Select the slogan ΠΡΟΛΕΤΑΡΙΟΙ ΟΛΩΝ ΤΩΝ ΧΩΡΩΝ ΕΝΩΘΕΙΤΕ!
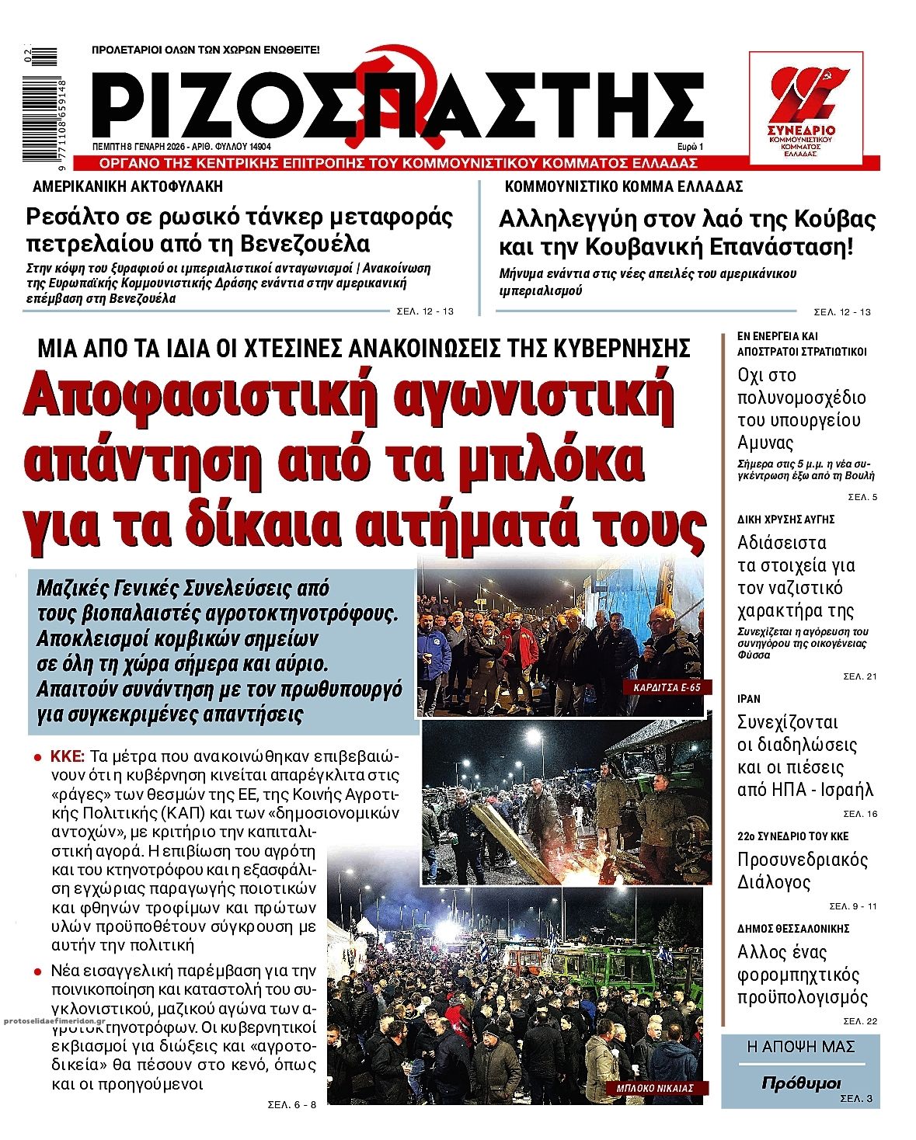coord(206,50)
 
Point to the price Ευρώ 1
coord(689,147)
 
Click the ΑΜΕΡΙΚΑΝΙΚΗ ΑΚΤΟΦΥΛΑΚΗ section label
coord(127,186)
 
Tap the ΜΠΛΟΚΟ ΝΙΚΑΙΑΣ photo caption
coord(655,1088)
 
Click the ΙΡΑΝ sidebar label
coord(749,698)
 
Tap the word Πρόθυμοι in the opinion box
coord(801,1083)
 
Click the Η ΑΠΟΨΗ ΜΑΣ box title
coord(800,1047)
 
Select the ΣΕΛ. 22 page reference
coord(860,1020)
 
